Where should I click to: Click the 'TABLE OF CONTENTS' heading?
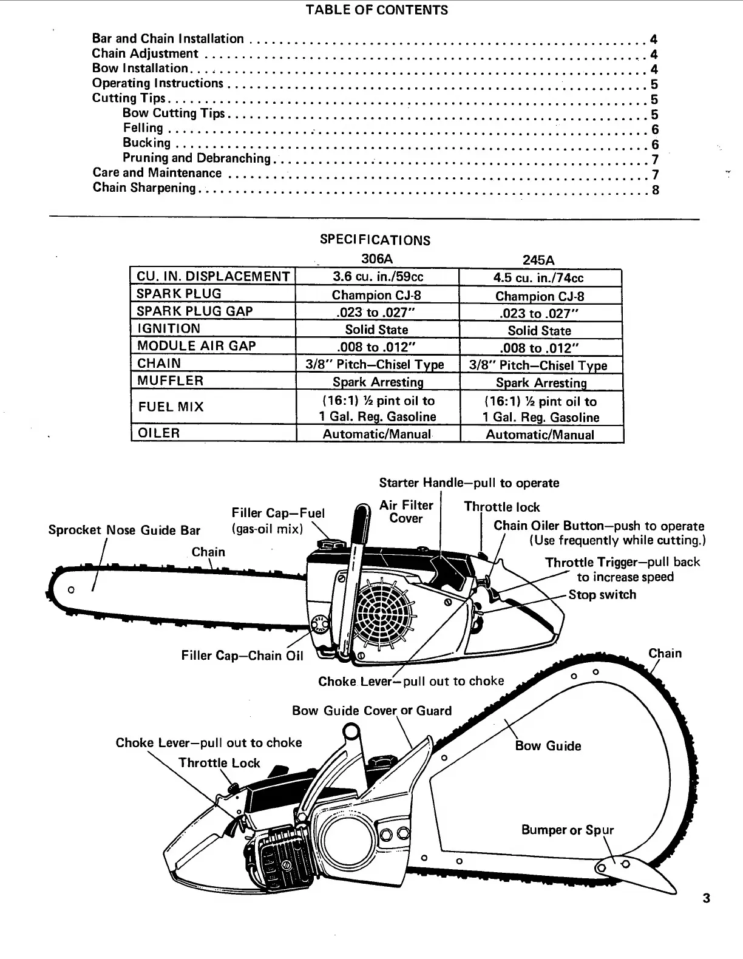click(376, 10)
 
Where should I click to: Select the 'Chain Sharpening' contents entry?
click(144, 188)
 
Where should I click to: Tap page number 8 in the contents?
click(655, 190)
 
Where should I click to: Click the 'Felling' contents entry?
click(143, 128)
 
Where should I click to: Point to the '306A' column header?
click(377, 259)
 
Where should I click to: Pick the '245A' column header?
click(538, 260)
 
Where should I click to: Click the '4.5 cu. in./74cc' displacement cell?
click(539, 278)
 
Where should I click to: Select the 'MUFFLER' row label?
click(169, 381)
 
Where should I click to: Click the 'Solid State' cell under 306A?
click(376, 330)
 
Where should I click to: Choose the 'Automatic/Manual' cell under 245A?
click(540, 435)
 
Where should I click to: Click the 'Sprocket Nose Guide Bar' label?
click(124, 530)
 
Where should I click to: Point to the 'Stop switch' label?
click(602, 595)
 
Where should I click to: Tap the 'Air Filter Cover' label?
click(406, 512)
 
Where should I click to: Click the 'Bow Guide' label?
click(548, 746)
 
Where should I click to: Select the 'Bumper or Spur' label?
click(567, 830)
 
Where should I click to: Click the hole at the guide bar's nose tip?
click(72, 589)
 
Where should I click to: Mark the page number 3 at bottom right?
click(706, 898)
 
